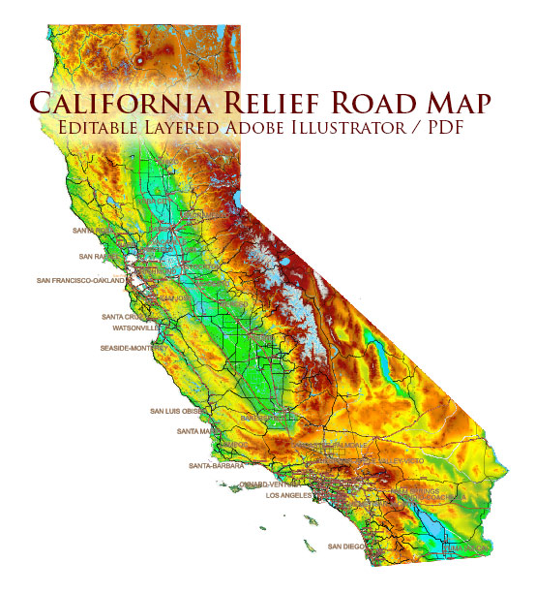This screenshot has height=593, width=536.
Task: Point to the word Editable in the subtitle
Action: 106,129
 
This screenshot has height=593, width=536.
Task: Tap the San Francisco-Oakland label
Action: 81,280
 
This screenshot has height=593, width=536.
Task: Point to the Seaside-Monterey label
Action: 133,347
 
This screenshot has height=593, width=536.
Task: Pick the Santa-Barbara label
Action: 217,466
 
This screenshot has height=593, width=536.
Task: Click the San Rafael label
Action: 97,257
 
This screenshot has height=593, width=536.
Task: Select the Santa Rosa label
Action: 93,232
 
